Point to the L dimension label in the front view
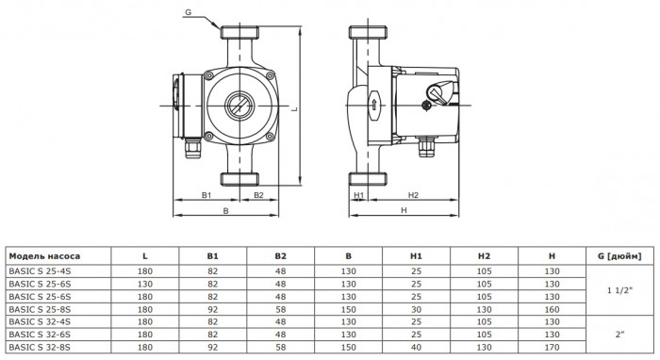point(295,109)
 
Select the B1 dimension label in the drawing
point(206,195)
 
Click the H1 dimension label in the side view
point(358,195)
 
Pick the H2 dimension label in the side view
point(413,195)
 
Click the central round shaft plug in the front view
point(238,105)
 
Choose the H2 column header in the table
point(483,255)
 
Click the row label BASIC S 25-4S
point(40,270)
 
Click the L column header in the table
point(144,255)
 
